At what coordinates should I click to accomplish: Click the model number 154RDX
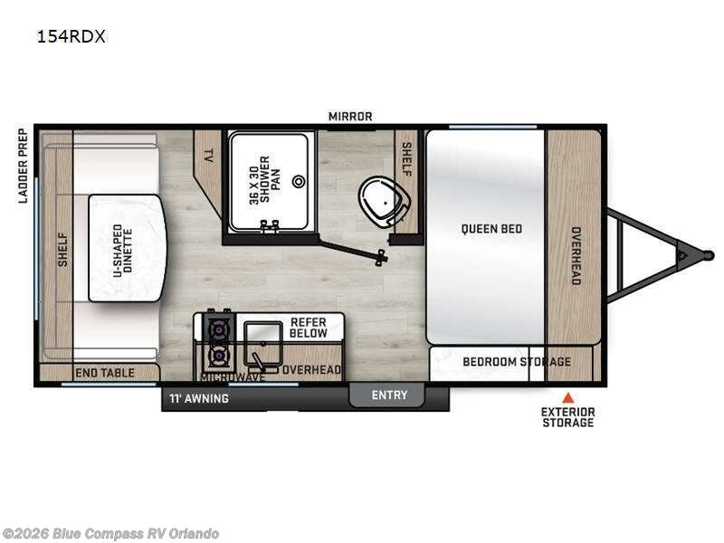71,36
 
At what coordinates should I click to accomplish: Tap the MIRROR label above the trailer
350,117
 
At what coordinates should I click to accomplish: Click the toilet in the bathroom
384,203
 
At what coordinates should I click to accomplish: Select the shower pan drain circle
299,182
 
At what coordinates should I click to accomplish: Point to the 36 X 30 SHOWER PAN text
264,180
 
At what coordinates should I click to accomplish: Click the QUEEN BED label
491,229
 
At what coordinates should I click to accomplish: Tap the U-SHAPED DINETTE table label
123,251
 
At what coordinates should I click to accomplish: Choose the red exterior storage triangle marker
568,397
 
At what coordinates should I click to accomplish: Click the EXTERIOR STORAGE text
568,417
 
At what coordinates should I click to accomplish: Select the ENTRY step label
389,395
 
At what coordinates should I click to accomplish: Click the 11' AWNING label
198,398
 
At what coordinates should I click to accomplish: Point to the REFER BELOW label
309,328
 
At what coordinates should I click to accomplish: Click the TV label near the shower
208,156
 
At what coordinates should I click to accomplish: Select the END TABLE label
105,373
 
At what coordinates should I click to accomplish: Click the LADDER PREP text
23,166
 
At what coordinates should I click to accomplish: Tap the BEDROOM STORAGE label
517,361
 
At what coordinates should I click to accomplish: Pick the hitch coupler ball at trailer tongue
709,255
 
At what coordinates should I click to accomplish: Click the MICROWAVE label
233,376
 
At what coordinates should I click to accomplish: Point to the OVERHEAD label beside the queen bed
576,255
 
